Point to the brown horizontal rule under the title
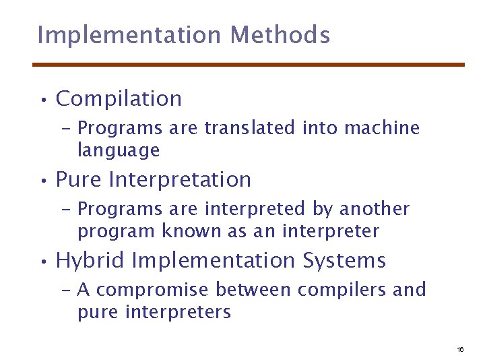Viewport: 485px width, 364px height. tap(249, 65)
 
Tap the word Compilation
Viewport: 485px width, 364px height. tap(119, 98)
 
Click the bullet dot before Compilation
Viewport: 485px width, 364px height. tap(42, 100)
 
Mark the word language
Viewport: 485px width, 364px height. tap(119, 150)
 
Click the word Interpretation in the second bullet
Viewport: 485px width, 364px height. tap(179, 180)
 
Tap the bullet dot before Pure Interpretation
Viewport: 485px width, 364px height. tap(42, 182)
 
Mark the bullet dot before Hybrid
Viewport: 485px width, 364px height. tap(42, 262)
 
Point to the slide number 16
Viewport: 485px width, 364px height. tap(460, 350)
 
